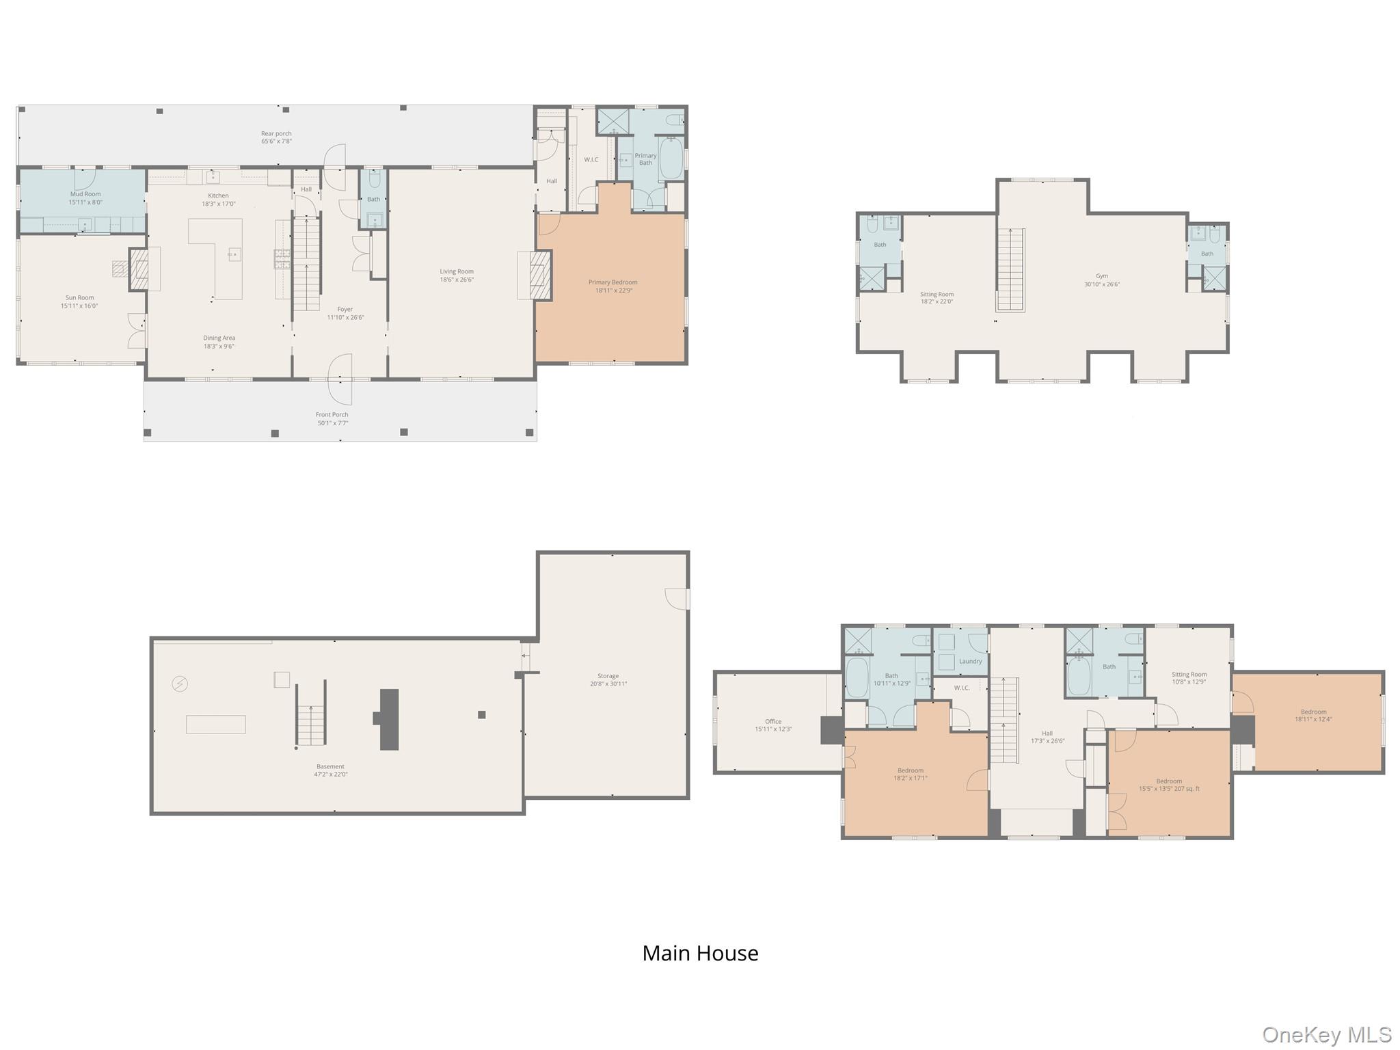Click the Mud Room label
pyautogui.click(x=85, y=198)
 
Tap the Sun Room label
pyautogui.click(x=80, y=301)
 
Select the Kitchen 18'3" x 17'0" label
pyautogui.click(x=219, y=200)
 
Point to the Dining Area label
pyautogui.click(x=219, y=342)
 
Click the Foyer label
pyautogui.click(x=345, y=313)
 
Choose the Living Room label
pyautogui.click(x=457, y=275)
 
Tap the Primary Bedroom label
pyautogui.click(x=612, y=286)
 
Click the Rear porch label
pyautogui.click(x=276, y=137)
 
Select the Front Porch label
pyautogui.click(x=332, y=418)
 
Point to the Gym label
pyautogui.click(x=1102, y=280)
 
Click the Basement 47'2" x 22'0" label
pyautogui.click(x=330, y=770)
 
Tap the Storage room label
pyautogui.click(x=608, y=679)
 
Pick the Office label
pyautogui.click(x=773, y=725)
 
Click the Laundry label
pyautogui.click(x=970, y=661)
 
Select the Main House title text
pyautogui.click(x=700, y=953)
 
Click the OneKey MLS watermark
pyautogui.click(x=1327, y=1034)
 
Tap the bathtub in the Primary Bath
pyautogui.click(x=671, y=159)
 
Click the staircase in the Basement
pyautogui.click(x=311, y=712)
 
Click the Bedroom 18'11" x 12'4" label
pyautogui.click(x=1313, y=715)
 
